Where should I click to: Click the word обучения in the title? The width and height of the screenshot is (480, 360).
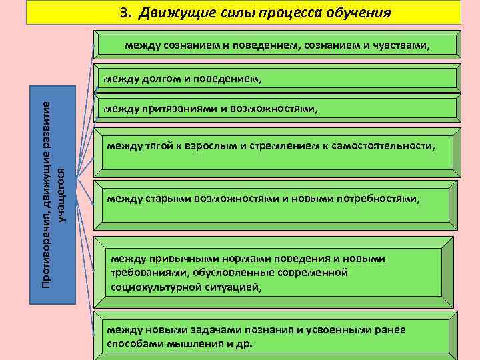point(360,13)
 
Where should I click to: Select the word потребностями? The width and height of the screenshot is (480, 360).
point(379,198)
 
